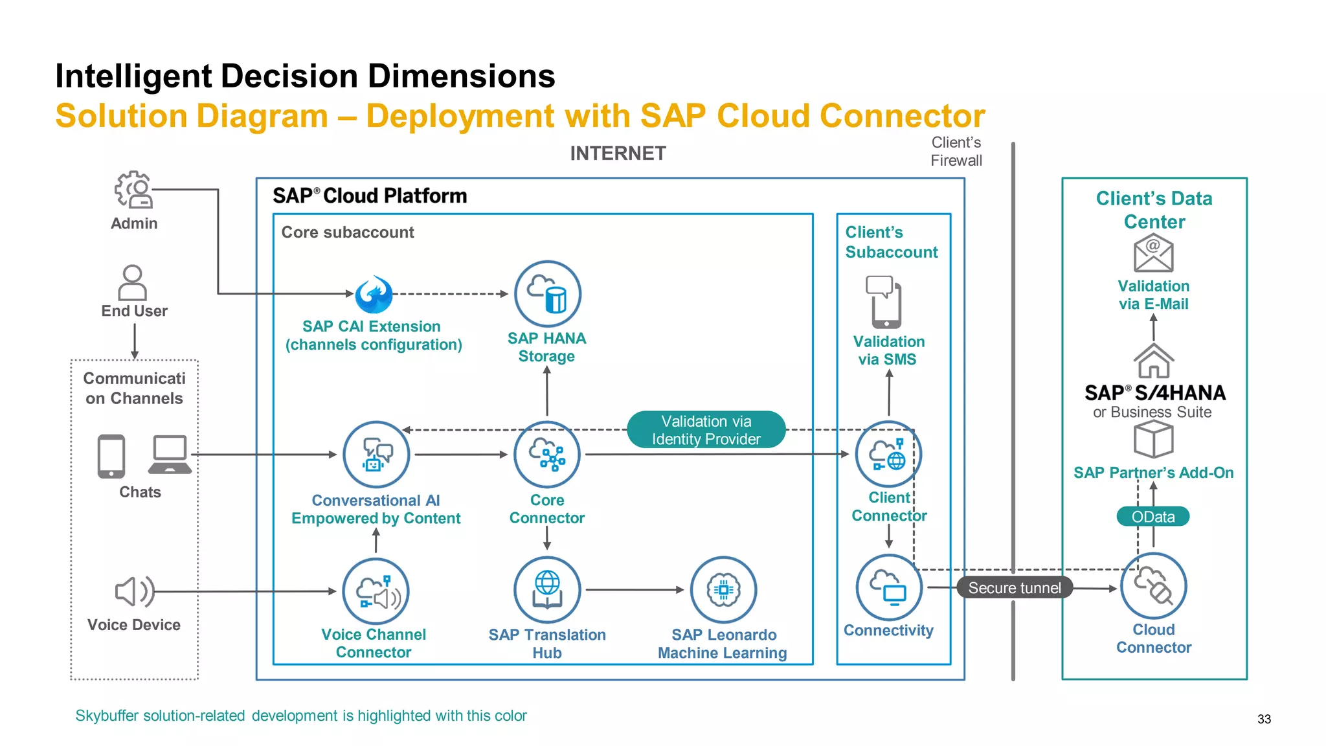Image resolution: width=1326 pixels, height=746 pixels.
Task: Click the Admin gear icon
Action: (133, 189)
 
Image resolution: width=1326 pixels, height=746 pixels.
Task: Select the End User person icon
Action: (133, 282)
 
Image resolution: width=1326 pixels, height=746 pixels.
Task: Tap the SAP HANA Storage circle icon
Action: (547, 294)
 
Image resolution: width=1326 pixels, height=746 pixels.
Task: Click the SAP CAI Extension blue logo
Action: (374, 295)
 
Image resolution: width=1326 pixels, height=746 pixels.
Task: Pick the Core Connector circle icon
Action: (547, 455)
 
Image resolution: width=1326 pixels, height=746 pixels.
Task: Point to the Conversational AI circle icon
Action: (376, 455)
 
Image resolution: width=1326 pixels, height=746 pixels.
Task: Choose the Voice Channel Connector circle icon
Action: (376, 591)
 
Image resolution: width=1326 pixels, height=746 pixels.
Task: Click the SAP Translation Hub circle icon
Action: (547, 590)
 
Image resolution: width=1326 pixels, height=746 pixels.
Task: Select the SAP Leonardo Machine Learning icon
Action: (723, 590)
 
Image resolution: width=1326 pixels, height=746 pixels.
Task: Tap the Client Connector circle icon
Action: (888, 455)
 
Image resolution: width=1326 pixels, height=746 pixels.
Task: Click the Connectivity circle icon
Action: (888, 588)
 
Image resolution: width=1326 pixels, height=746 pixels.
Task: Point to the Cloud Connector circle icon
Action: (1153, 586)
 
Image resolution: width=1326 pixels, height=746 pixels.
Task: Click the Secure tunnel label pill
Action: (1015, 587)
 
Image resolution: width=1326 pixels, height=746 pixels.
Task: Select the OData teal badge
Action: (1152, 517)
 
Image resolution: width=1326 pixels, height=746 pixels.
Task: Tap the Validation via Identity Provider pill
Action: (706, 430)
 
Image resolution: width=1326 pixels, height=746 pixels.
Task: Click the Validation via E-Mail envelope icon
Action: (1153, 253)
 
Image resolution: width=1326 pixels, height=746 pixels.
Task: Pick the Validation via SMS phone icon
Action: (883, 302)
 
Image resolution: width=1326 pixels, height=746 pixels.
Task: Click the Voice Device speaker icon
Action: (134, 591)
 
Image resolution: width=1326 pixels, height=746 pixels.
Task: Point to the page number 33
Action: (1264, 719)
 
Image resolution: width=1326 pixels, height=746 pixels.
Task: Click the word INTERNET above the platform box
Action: (618, 153)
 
